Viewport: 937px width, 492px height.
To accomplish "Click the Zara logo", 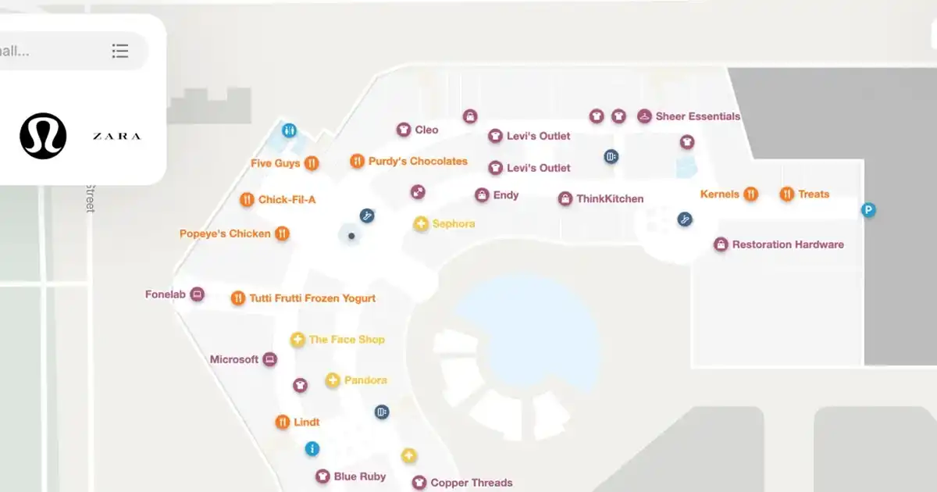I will tap(116, 137).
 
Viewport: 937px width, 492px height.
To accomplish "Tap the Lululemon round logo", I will tap(43, 136).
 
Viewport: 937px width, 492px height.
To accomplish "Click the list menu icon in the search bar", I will tap(119, 51).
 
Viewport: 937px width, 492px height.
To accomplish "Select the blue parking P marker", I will tap(868, 209).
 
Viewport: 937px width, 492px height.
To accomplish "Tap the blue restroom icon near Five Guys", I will tap(290, 130).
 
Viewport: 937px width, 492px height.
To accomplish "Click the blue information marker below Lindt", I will tap(312, 448).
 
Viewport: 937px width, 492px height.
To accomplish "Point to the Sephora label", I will tap(453, 224).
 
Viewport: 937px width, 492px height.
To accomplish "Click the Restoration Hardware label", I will tap(787, 244).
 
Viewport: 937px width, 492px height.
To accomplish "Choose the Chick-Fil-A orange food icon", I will tap(247, 200).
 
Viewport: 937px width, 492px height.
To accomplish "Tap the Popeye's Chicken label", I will tap(225, 234).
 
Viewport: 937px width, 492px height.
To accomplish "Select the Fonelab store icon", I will tap(198, 294).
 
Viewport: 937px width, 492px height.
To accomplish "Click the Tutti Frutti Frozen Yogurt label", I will tap(312, 298).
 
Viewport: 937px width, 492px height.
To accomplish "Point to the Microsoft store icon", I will tap(270, 359).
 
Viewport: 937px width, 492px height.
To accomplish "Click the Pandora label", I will tap(365, 380).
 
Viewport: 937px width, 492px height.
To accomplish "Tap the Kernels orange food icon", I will tap(750, 194).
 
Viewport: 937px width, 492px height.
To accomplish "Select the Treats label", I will tap(814, 194).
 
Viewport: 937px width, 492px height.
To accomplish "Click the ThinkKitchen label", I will tap(610, 199).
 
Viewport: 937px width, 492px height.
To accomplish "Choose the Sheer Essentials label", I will tap(697, 116).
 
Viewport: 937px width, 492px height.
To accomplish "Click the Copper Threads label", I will tap(472, 483).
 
